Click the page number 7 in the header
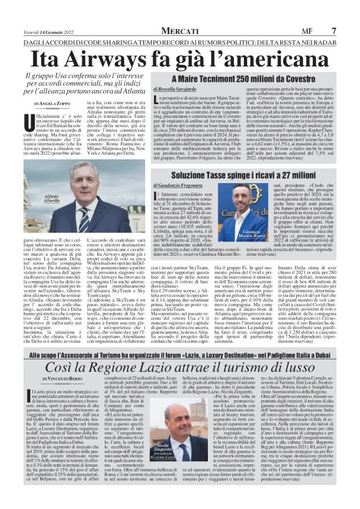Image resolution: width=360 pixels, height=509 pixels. tap(335, 30)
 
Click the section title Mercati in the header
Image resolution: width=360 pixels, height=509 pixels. tap(179, 30)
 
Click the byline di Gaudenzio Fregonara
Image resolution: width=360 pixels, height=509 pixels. tap(180, 186)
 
